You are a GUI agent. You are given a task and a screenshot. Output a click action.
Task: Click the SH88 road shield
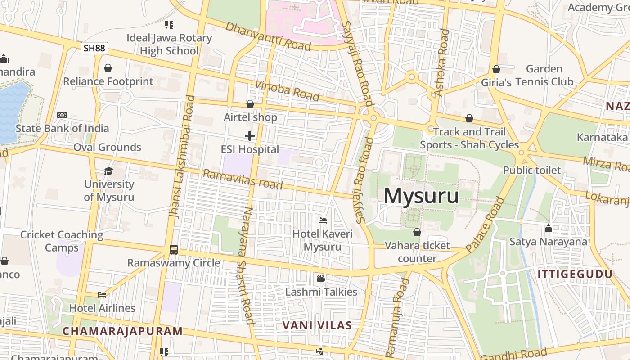[x=94, y=48]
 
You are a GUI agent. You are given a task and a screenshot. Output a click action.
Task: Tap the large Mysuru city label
[x=421, y=196]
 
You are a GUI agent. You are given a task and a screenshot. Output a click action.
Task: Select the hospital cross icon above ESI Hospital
[x=250, y=135]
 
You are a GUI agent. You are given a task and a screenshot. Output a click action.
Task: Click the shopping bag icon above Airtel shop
[x=250, y=104]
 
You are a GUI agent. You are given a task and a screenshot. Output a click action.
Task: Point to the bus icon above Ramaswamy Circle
[x=174, y=249]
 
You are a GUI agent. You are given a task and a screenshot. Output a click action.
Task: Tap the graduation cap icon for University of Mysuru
[x=108, y=171]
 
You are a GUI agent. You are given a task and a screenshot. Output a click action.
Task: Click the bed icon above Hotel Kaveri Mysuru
[x=323, y=220]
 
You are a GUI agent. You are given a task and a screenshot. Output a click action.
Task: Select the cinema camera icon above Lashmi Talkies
[x=321, y=278]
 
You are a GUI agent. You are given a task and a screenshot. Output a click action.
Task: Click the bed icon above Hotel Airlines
[x=102, y=295]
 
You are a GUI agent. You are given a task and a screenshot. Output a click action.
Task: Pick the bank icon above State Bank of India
[x=62, y=115]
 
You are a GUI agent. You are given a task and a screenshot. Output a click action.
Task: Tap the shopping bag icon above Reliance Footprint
[x=108, y=68]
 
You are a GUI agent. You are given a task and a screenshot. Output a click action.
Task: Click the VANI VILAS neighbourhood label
[x=317, y=325]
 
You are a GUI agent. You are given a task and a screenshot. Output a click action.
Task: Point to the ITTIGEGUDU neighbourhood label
[x=575, y=274]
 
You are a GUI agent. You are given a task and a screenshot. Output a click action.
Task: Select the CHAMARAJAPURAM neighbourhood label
[x=122, y=331]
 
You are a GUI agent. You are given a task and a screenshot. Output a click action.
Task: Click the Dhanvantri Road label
[x=268, y=36]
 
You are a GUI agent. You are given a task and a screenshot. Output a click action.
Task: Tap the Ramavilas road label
[x=243, y=180]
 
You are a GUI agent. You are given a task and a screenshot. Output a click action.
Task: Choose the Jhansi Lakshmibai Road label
[x=182, y=157]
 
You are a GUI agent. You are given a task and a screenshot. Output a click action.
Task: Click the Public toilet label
[x=532, y=171]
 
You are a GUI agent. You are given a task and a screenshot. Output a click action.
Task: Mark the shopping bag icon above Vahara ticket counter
[x=417, y=232]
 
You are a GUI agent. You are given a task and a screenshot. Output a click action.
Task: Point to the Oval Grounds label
[x=107, y=147]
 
